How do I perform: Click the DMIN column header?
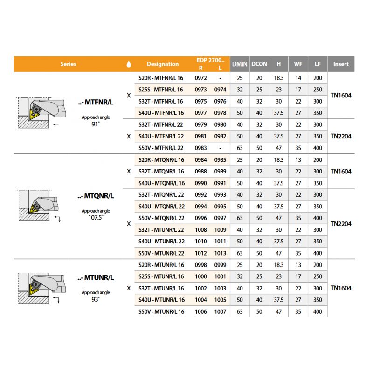(240, 64)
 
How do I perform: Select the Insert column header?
(341, 64)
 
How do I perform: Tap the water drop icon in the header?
(129, 64)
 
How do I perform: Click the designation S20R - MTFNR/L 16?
(161, 78)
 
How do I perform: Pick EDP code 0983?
(200, 148)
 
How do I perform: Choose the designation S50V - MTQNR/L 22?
(161, 218)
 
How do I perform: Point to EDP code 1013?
(220, 253)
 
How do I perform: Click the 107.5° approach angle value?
(95, 217)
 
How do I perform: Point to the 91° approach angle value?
(95, 124)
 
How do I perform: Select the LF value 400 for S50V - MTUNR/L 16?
(318, 311)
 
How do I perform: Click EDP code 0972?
(200, 78)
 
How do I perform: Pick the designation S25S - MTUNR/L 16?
(161, 276)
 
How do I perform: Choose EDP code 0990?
(200, 183)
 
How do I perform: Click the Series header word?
(68, 64)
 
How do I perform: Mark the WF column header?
(297, 64)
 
